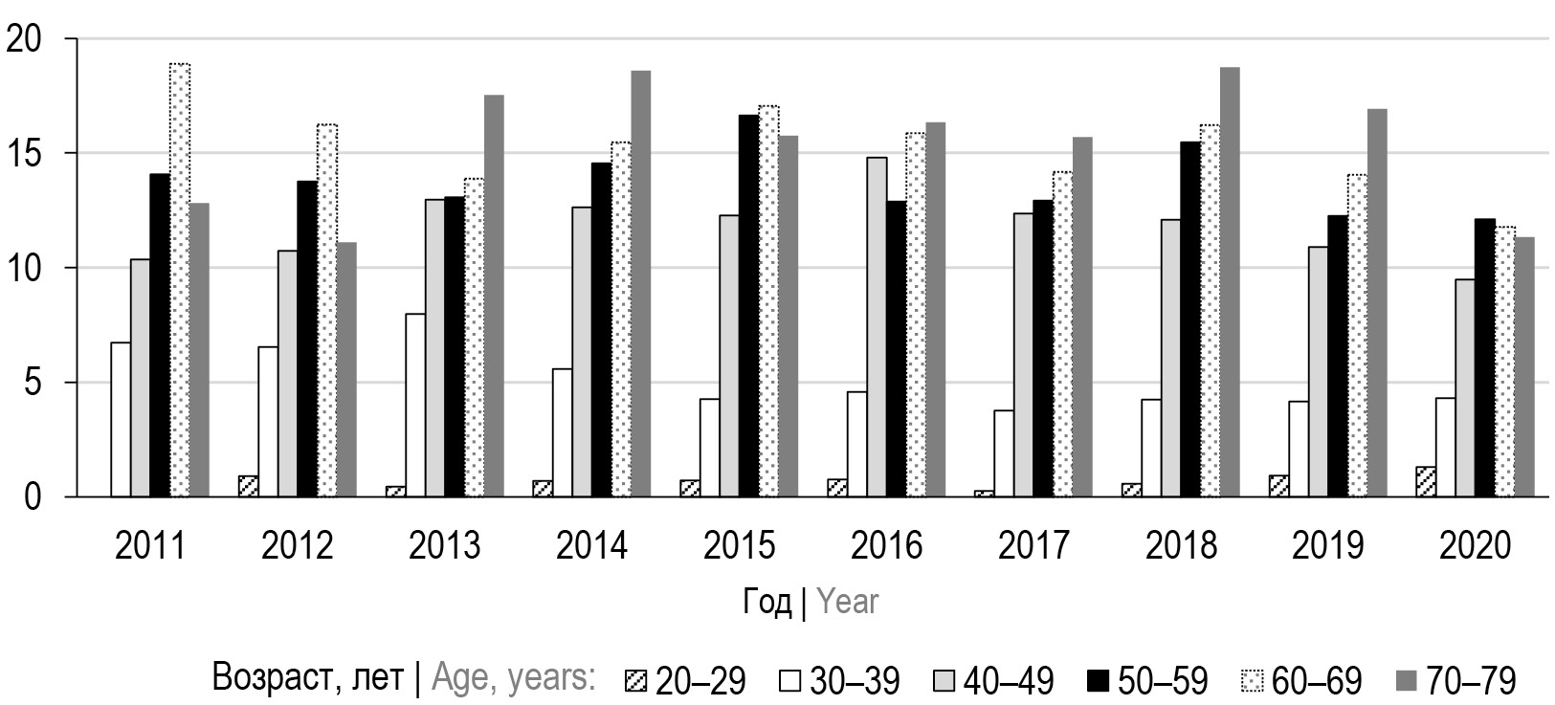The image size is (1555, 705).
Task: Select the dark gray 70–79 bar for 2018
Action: coord(1230,282)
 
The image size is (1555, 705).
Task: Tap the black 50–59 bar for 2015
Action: coord(748,306)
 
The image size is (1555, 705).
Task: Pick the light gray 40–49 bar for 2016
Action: coord(876,327)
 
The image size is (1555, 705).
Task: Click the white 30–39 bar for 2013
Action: coord(414,406)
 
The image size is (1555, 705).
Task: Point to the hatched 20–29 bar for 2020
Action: coord(1425,482)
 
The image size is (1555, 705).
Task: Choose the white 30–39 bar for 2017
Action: coord(1004,453)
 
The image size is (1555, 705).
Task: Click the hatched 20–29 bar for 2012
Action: coord(248,486)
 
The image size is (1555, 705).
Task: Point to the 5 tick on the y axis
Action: coord(35,383)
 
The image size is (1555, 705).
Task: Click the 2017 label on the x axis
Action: coord(1033,546)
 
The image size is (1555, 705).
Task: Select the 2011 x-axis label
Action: coord(150,546)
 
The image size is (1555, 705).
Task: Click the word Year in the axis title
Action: coord(847,602)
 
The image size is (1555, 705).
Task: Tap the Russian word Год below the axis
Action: coord(767,602)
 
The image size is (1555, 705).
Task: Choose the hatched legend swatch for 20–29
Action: coord(636,682)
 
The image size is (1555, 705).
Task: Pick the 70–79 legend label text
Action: coord(1471,681)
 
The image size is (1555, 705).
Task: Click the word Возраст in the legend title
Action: coord(262,679)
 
